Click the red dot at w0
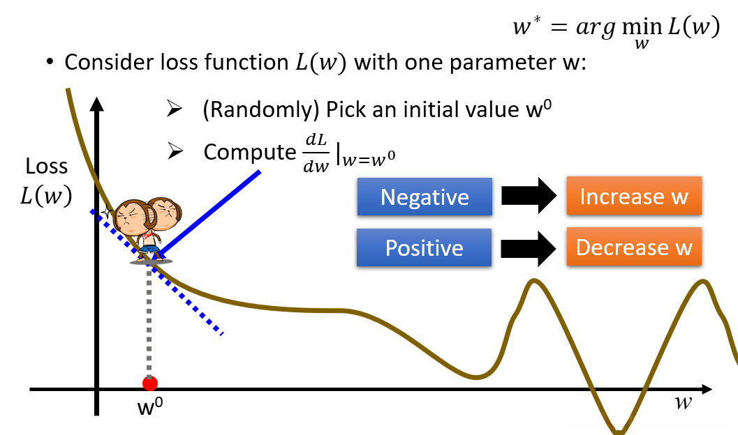[x=149, y=383]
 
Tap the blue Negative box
[x=425, y=197]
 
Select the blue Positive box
[x=424, y=247]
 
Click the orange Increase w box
[x=634, y=196]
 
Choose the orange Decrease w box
[x=634, y=247]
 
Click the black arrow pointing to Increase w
[x=529, y=195]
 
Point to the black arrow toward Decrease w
[x=529, y=248]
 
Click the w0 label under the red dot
[x=150, y=406]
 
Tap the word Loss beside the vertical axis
[x=47, y=167]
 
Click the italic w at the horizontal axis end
[x=683, y=403]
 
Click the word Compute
[x=249, y=153]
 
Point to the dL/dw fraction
[x=316, y=153]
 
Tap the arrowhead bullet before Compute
[x=175, y=151]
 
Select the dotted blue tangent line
[x=156, y=273]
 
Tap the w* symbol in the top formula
[x=526, y=26]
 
